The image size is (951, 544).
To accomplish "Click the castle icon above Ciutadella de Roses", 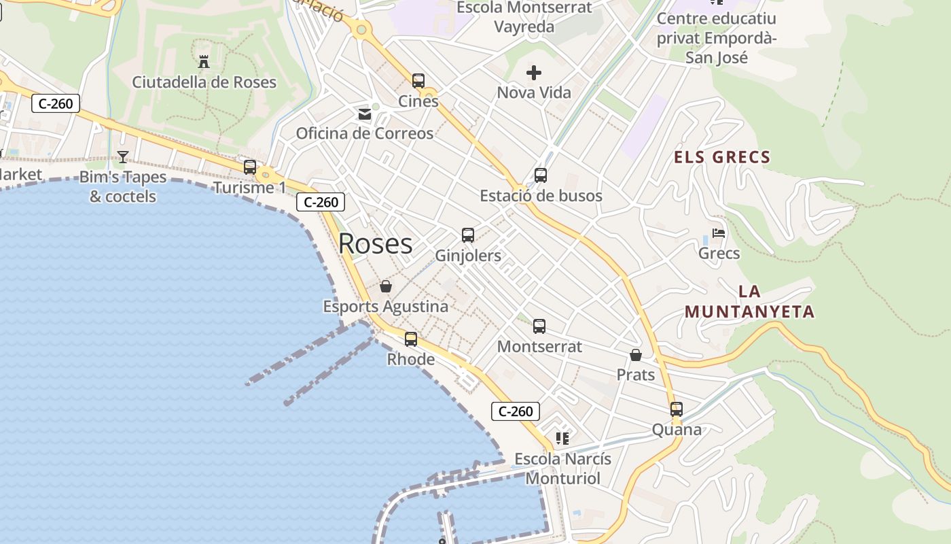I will [203, 62].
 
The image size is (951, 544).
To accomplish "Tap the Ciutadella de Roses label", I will [204, 82].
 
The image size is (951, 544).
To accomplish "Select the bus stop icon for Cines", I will [418, 81].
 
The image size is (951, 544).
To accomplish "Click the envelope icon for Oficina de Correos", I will [365, 114].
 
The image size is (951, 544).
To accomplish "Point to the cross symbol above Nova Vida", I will [534, 72].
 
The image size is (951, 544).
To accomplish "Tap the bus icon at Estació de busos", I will [541, 175].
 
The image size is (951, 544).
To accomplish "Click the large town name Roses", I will [375, 243].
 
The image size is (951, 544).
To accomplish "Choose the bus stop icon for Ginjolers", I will [468, 236].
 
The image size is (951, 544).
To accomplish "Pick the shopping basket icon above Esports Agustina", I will [386, 286].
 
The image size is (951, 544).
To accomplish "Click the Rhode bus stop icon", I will [411, 339].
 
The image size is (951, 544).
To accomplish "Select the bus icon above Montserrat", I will [539, 326].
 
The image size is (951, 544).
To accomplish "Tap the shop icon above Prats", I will [636, 355].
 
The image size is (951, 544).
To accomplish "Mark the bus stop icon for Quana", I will [677, 409].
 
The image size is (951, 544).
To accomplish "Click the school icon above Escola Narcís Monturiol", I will [562, 439].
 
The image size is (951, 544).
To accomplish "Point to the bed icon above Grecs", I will [719, 234].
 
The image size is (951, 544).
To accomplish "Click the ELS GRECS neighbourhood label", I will [722, 158].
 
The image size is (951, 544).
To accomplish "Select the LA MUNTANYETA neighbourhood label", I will [749, 302].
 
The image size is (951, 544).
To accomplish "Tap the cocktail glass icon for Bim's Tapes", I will [122, 157].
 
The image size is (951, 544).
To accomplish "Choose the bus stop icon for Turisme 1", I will [250, 167].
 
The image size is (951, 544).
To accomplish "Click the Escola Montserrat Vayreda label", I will [524, 17].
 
